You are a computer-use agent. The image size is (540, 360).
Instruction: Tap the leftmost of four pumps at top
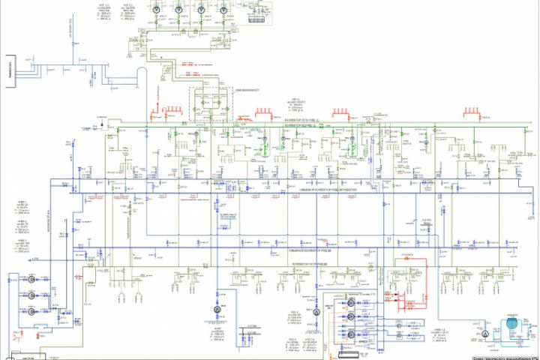[x=157, y=9]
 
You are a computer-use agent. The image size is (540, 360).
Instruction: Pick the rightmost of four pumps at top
[x=225, y=9]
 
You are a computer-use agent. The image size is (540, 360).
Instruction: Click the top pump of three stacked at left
[x=32, y=279]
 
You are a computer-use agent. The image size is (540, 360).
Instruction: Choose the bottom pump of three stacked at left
[x=32, y=316]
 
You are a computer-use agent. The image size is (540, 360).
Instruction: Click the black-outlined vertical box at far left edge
[x=11, y=71]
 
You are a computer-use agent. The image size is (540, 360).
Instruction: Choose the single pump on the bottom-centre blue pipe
[x=215, y=310]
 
